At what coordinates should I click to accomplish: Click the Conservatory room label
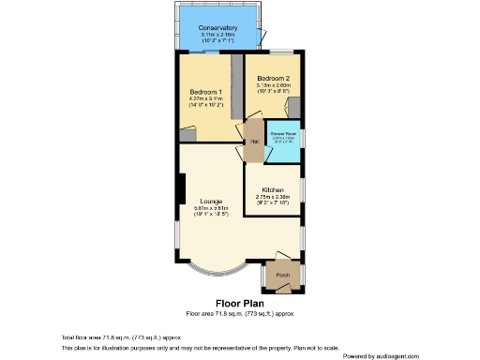217,28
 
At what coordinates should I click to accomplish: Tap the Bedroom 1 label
205,91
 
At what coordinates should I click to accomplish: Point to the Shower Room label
283,133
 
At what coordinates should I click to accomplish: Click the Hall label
253,142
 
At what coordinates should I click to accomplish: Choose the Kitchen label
273,188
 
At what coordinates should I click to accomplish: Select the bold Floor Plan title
239,303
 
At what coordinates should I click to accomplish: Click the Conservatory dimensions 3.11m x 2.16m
217,36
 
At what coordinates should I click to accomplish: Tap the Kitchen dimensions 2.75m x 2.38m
273,196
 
